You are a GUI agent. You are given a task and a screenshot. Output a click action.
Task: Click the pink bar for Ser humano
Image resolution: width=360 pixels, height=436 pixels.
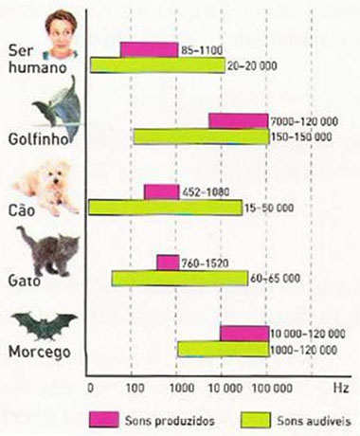(x=149, y=49)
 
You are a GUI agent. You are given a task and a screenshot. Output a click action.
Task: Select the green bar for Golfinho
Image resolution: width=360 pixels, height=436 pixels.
(x=201, y=136)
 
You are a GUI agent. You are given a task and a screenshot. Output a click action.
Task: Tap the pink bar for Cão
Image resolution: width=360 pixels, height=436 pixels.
(x=161, y=191)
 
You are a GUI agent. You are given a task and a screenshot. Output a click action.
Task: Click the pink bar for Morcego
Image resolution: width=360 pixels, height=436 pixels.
(x=244, y=333)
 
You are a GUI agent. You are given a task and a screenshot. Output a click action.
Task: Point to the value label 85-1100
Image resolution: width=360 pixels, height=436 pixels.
(x=201, y=49)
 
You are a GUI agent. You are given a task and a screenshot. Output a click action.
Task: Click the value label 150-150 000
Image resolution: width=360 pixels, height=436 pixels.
(x=301, y=136)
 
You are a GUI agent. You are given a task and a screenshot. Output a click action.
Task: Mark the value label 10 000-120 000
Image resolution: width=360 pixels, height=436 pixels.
(x=303, y=333)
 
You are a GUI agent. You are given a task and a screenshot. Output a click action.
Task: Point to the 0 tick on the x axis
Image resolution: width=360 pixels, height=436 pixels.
(x=88, y=389)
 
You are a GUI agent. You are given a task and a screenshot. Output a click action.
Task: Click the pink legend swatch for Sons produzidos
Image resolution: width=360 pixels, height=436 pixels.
(x=106, y=417)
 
